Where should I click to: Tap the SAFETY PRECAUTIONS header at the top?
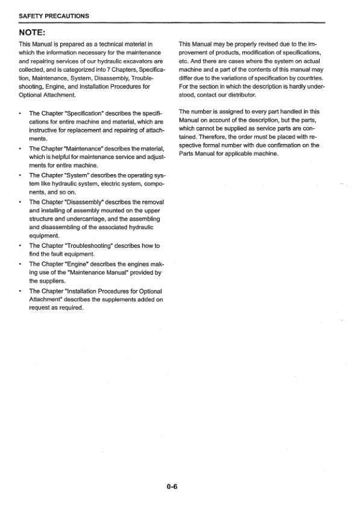(54, 16)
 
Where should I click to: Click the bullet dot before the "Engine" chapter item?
(21, 264)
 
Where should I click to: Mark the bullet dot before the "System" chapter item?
(21, 175)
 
